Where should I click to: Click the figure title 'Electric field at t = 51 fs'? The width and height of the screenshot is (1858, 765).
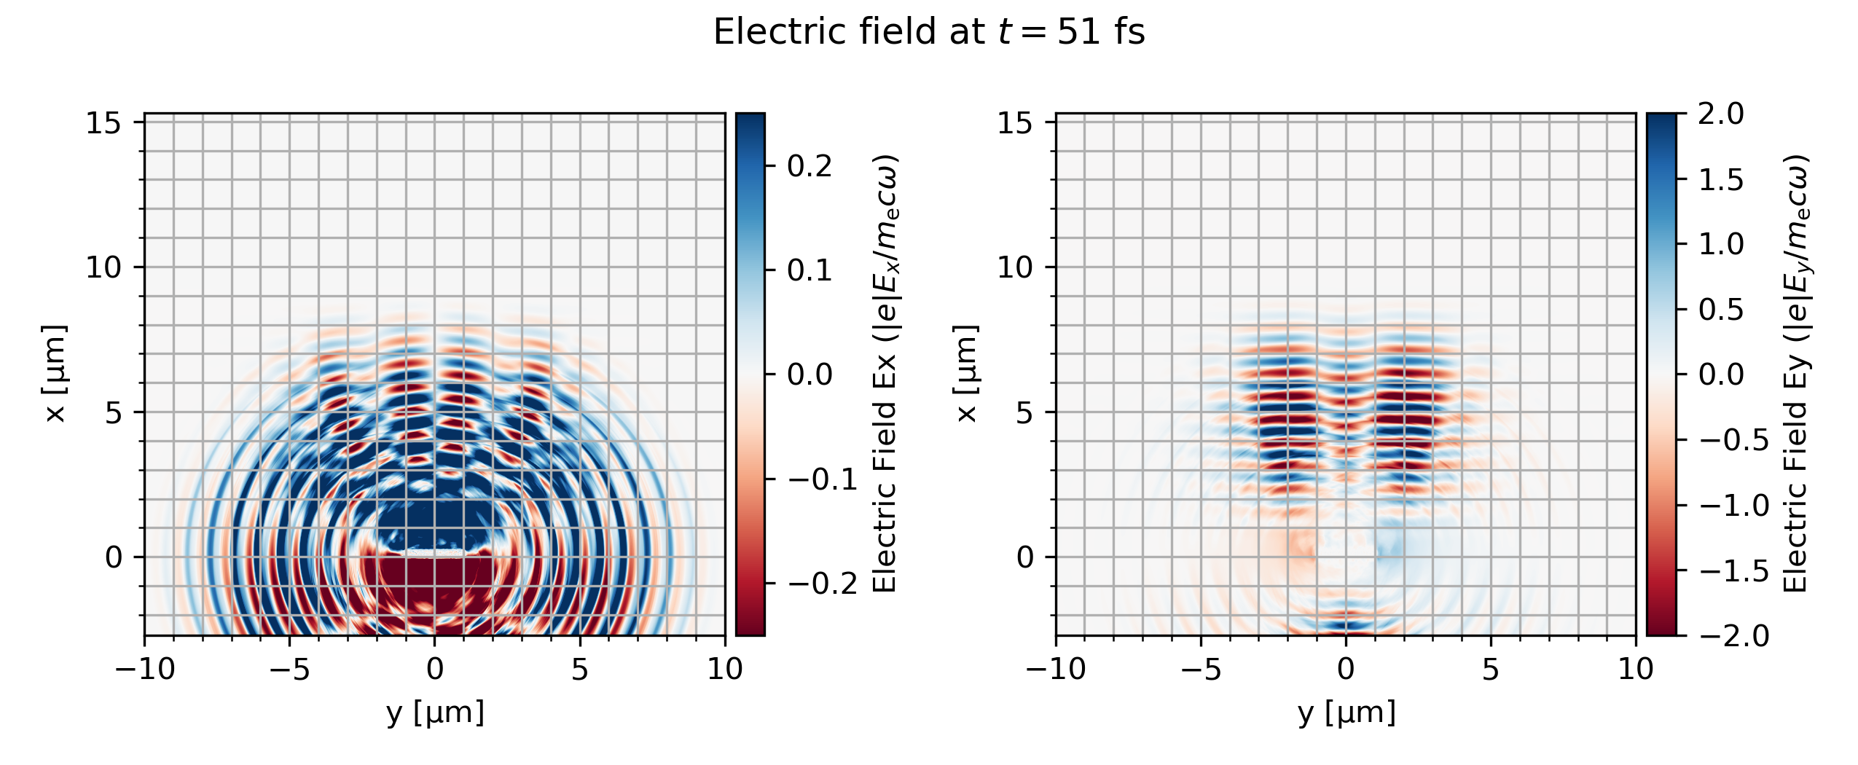pos(929,32)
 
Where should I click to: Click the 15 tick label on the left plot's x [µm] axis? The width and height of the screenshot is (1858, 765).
pos(103,123)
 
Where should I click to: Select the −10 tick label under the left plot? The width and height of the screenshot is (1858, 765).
pos(145,669)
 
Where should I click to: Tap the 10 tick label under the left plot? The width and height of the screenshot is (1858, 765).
pos(725,669)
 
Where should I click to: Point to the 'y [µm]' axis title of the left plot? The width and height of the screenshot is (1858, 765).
pos(435,713)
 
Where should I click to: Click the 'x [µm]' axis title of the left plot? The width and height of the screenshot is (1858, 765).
pos(55,374)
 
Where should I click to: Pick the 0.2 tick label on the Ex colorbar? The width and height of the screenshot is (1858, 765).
pos(810,166)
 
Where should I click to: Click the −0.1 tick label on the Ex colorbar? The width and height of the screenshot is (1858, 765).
pos(822,479)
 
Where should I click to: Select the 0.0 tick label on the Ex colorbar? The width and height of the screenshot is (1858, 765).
pos(810,374)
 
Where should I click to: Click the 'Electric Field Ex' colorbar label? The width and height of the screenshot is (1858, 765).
pos(885,374)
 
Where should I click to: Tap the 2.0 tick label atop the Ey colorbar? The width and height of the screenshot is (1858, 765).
pos(1721,114)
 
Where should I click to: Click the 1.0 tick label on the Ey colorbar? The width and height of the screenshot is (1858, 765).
pos(1721,244)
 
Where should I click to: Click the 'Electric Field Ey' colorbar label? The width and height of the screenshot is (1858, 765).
pos(1796,374)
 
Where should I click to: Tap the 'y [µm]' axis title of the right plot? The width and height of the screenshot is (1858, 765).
pos(1347,713)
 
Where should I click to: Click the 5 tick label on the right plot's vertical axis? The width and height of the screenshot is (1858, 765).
pos(1024,413)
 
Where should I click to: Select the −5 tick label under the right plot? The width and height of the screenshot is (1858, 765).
pos(1201,669)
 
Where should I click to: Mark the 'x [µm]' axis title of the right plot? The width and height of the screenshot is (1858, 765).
pos(966,374)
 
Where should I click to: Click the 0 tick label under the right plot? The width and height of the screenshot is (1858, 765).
pos(1346,669)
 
